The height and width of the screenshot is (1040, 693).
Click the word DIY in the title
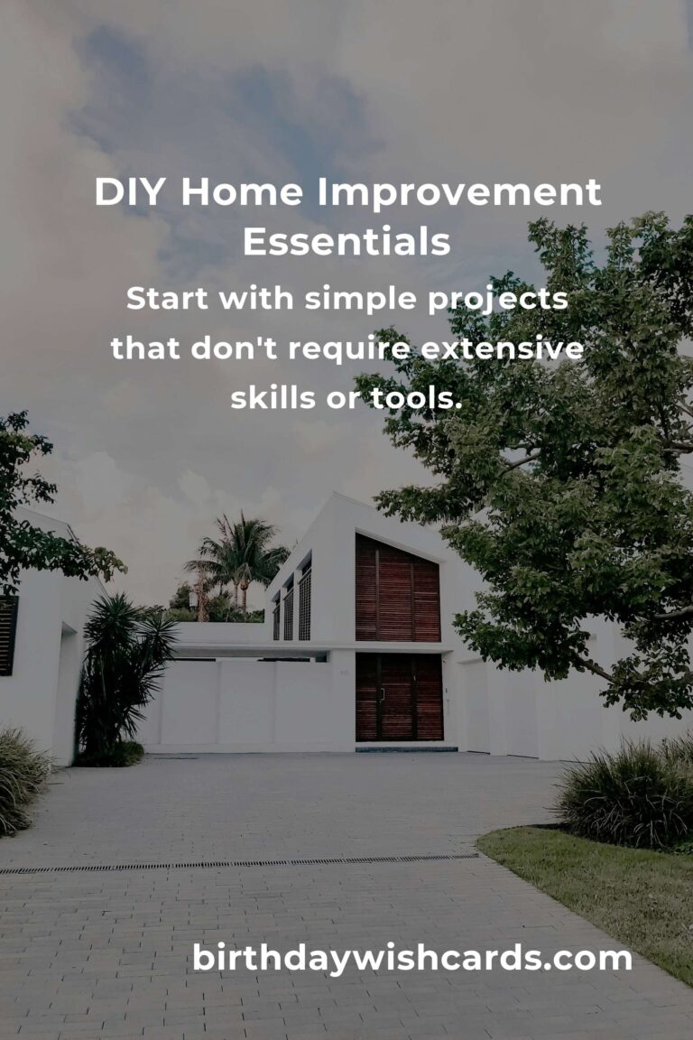pyautogui.click(x=129, y=191)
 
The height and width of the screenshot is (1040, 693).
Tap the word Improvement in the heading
pyautogui.click(x=459, y=191)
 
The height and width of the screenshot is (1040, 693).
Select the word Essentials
pyautogui.click(x=346, y=241)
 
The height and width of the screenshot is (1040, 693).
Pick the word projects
pyautogui.click(x=498, y=300)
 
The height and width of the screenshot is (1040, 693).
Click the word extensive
pyautogui.click(x=502, y=348)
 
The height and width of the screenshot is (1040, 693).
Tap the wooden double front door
pyautogui.click(x=399, y=697)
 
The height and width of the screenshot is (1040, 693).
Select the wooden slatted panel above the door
pyautogui.click(x=397, y=588)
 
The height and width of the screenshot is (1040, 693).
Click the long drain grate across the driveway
pyautogui.click(x=239, y=864)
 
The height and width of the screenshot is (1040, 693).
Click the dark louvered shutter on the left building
pyautogui.click(x=7, y=636)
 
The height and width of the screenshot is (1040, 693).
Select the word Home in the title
pyautogui.click(x=242, y=191)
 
